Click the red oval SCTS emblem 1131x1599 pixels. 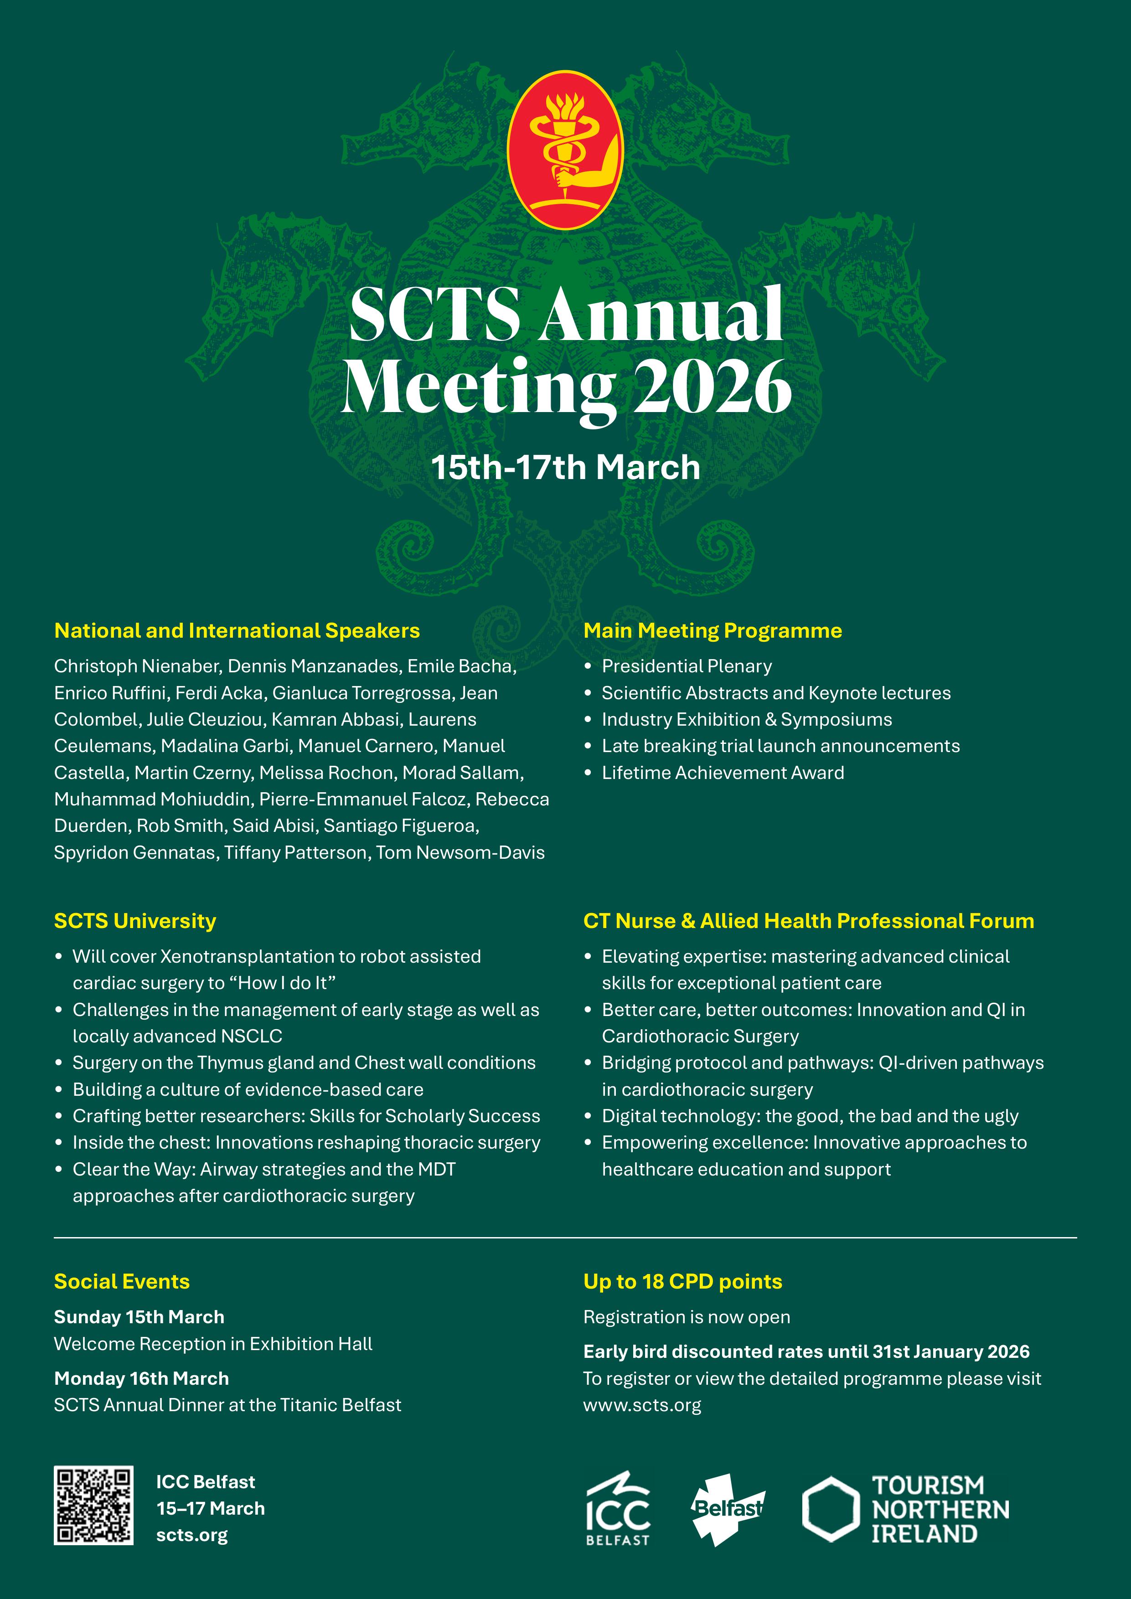point(565,150)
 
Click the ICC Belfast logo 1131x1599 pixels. point(618,1508)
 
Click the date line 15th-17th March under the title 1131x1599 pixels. point(565,467)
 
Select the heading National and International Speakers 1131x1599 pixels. point(237,630)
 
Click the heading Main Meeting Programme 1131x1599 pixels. point(713,630)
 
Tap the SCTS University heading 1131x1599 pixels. point(135,921)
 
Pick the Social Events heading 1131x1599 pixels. point(122,1281)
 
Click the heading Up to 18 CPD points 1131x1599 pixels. point(682,1281)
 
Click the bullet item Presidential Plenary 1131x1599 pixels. point(687,666)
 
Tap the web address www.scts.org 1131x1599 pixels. point(642,1405)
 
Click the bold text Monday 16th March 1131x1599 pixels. point(141,1378)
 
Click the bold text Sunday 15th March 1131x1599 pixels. point(139,1317)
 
